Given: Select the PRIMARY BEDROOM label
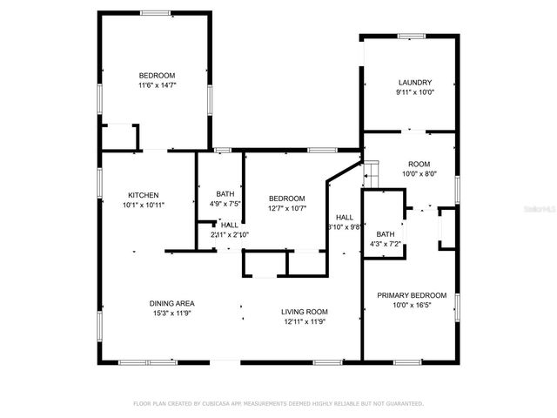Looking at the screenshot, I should (x=412, y=295).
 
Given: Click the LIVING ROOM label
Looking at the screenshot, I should (x=304, y=312).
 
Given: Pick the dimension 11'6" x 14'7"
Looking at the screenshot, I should (x=158, y=84).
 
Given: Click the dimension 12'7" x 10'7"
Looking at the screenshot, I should (x=286, y=207).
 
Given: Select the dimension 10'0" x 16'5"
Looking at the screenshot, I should (x=412, y=306).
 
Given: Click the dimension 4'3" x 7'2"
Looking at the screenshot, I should (x=386, y=244).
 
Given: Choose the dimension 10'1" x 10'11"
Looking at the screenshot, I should (x=144, y=204).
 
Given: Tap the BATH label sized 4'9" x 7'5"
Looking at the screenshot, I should (x=225, y=194).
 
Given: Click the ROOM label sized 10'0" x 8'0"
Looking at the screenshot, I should (x=419, y=163).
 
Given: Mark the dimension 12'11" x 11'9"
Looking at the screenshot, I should (x=304, y=321).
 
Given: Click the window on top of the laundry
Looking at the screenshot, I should (x=411, y=36).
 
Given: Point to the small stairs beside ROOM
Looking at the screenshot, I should (x=370, y=171).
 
